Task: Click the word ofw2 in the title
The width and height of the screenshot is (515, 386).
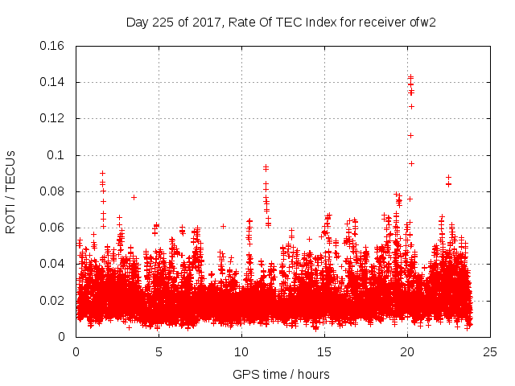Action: point(422,22)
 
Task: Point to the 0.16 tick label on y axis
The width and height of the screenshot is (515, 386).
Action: point(55,45)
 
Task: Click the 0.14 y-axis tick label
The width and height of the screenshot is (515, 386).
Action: point(55,82)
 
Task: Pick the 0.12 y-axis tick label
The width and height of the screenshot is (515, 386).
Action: point(55,118)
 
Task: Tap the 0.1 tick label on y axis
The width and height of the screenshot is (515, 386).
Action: point(58,154)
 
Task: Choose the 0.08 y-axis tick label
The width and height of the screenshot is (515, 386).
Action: point(55,191)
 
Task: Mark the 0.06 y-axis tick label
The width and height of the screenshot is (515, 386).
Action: point(55,228)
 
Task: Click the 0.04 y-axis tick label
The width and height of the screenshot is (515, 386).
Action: point(55,264)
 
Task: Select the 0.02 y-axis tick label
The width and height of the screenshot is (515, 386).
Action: point(55,301)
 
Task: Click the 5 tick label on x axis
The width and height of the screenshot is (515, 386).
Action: point(159,351)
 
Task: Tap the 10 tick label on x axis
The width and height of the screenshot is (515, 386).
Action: point(241,351)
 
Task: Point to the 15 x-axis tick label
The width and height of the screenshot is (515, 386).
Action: point(324,351)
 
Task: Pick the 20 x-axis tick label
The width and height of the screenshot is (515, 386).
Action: point(407,351)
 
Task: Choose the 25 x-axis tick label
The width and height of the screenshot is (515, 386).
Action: point(490,351)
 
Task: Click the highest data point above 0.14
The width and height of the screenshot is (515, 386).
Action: point(410,77)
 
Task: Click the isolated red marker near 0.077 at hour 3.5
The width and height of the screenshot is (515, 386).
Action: point(134,197)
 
